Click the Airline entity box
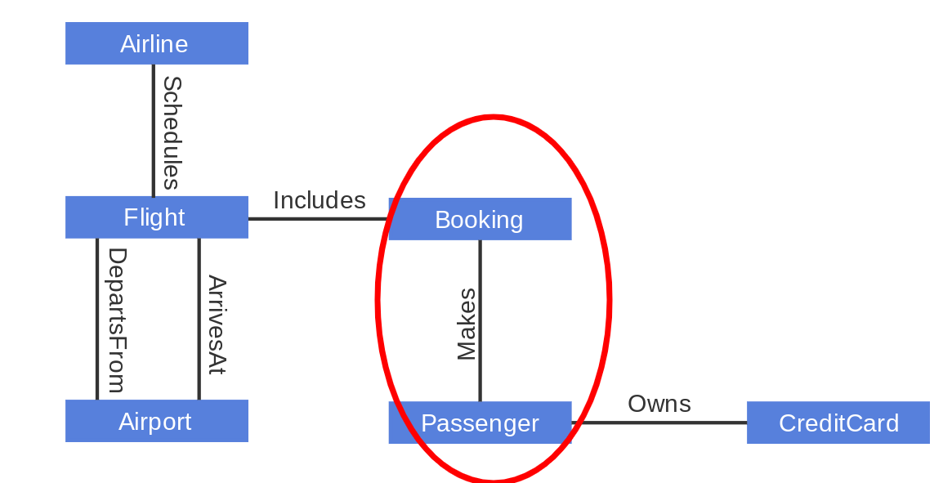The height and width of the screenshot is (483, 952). [156, 43]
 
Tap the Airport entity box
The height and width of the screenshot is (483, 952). [156, 421]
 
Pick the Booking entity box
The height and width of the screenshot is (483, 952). [480, 219]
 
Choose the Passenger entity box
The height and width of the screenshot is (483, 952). [480, 423]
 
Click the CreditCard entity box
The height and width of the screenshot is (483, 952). [838, 423]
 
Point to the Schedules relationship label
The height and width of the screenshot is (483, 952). [172, 132]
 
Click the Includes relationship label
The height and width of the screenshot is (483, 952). [319, 200]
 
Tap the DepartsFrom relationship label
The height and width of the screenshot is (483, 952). [117, 320]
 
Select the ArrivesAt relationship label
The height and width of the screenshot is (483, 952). [216, 324]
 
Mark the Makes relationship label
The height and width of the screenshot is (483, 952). [466, 324]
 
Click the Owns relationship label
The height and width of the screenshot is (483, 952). [659, 404]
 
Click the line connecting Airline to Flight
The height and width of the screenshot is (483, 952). [153, 131]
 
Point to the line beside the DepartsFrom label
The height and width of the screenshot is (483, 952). [97, 319]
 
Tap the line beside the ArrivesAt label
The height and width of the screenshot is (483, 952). [199, 319]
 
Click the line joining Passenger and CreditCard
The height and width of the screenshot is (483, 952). [659, 423]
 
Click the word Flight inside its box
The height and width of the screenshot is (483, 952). [154, 217]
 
